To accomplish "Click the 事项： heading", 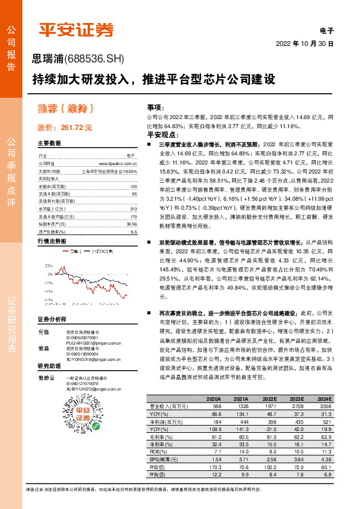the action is pos(156,105).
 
